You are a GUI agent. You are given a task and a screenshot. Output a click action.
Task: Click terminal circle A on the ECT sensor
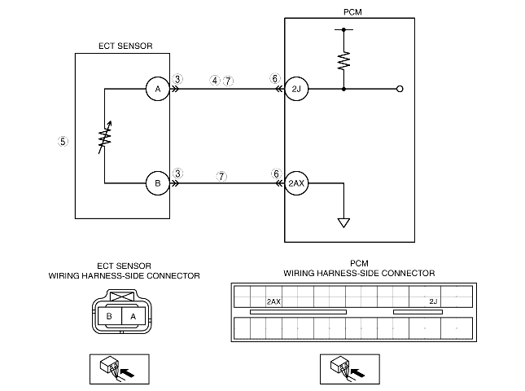pyautogui.click(x=158, y=89)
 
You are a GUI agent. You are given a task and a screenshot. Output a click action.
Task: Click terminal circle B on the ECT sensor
pyautogui.click(x=158, y=183)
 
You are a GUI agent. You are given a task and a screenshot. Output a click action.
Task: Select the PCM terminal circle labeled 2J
pyautogui.click(x=296, y=89)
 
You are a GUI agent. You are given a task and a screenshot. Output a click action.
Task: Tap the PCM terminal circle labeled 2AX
pyautogui.click(x=296, y=183)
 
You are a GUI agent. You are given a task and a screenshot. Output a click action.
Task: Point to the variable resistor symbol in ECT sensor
pyautogui.click(x=105, y=138)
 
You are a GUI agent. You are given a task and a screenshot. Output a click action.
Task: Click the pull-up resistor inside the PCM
pyautogui.click(x=343, y=60)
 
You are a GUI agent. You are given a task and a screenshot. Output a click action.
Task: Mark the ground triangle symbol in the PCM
pyautogui.click(x=343, y=223)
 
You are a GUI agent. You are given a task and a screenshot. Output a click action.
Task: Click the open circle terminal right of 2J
pyautogui.click(x=400, y=89)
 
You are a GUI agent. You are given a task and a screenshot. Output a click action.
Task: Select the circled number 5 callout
pyautogui.click(x=63, y=142)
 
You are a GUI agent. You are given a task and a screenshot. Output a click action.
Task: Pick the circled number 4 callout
pyautogui.click(x=215, y=81)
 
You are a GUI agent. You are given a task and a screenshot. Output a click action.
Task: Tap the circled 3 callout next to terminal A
pyautogui.click(x=177, y=79)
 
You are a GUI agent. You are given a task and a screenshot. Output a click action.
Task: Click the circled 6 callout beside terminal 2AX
pyautogui.click(x=276, y=174)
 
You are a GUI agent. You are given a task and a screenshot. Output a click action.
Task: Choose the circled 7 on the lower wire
pyautogui.click(x=221, y=176)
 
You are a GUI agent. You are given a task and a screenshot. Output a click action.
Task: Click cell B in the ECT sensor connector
pyautogui.click(x=109, y=316)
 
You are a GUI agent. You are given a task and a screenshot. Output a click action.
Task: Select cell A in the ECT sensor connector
pyautogui.click(x=133, y=316)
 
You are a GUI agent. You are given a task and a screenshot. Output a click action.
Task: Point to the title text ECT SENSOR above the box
pyautogui.click(x=125, y=46)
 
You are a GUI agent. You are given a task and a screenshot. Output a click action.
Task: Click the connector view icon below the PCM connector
pyautogui.click(x=350, y=369)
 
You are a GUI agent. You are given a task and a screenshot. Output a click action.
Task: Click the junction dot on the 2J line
pyautogui.click(x=343, y=89)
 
